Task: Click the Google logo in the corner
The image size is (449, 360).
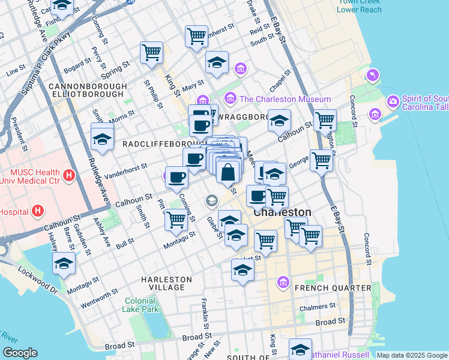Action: [20, 353]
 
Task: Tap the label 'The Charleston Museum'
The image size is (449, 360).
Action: [285, 99]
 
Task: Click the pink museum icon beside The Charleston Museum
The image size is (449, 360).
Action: [230, 98]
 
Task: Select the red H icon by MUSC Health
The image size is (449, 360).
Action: [69, 176]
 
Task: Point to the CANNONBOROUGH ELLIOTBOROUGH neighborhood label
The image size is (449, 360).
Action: [89, 91]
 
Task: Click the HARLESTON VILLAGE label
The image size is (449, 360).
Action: [166, 283]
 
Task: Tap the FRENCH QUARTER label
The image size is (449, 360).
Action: [333, 289]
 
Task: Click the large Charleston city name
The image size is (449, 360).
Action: [282, 212]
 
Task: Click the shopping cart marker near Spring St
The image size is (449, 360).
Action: [152, 52]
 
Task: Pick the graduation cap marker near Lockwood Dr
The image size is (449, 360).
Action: [64, 263]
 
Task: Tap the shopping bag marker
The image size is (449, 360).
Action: [228, 172]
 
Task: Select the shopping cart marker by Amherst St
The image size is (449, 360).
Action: [196, 36]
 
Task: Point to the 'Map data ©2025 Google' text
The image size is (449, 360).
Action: [412, 355]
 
